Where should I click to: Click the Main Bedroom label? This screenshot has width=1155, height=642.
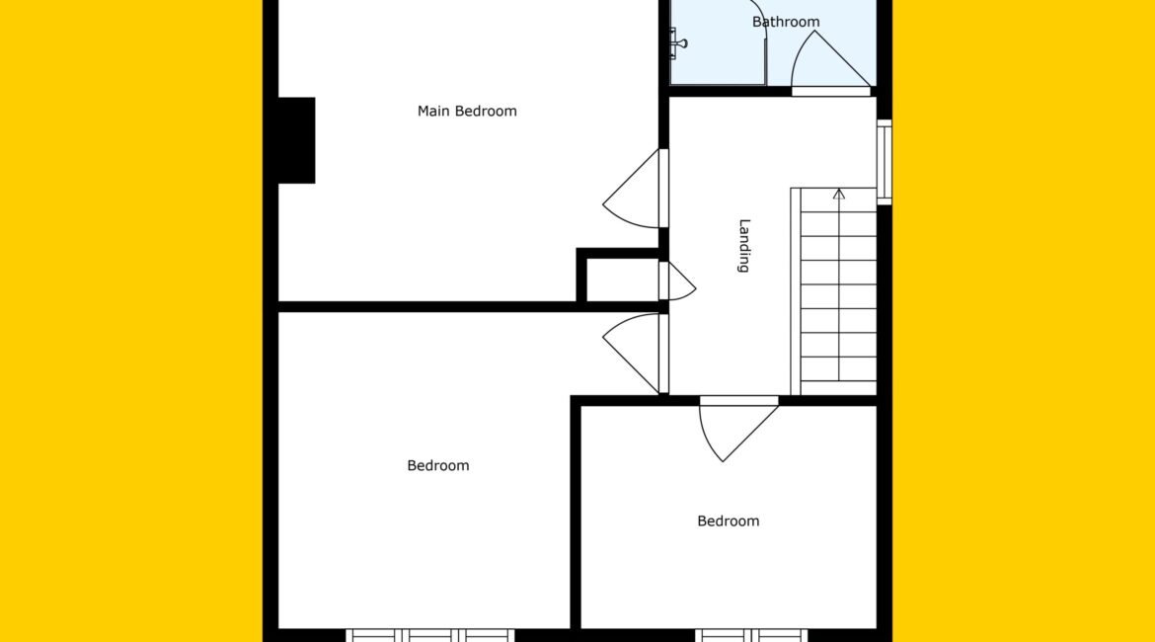pyautogui.click(x=467, y=112)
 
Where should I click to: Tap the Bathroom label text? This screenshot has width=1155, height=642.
pyautogui.click(x=785, y=22)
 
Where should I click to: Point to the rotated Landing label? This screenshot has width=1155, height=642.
pyautogui.click(x=744, y=246)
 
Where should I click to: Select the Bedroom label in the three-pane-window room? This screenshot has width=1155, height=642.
pyautogui.click(x=437, y=466)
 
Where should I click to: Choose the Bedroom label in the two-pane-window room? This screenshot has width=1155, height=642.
pyautogui.click(x=728, y=522)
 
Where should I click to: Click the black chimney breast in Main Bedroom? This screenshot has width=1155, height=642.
pyautogui.click(x=296, y=140)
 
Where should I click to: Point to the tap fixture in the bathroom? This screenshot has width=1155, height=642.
pyautogui.click(x=677, y=42)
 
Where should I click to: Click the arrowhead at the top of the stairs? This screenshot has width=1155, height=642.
pyautogui.click(x=839, y=194)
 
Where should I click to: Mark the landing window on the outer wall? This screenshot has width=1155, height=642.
pyautogui.click(x=884, y=162)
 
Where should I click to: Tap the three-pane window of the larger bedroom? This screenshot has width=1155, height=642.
pyautogui.click(x=430, y=635)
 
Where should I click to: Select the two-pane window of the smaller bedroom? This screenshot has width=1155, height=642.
pyautogui.click(x=751, y=635)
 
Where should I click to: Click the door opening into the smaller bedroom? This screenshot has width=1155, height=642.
pyautogui.click(x=738, y=432)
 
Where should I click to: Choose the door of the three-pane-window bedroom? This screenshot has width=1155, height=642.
pyautogui.click(x=630, y=354)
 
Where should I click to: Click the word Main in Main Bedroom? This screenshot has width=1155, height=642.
pyautogui.click(x=433, y=112)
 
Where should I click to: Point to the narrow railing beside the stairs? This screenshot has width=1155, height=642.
pyautogui.click(x=796, y=291)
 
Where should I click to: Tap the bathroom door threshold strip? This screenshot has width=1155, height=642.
pyautogui.click(x=831, y=92)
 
